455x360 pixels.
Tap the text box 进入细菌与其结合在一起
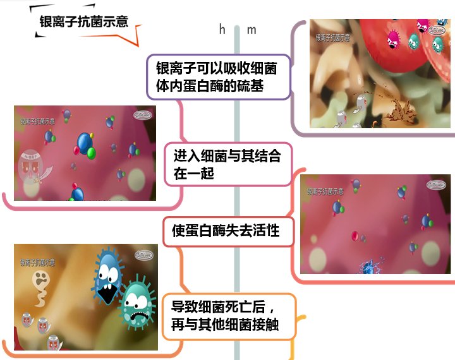(x=227, y=164)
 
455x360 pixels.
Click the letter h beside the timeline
(x=222, y=30)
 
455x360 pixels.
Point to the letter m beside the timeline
(x=252, y=30)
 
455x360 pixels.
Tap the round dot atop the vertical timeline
(x=237, y=29)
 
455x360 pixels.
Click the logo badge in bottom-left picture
(x=143, y=255)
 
